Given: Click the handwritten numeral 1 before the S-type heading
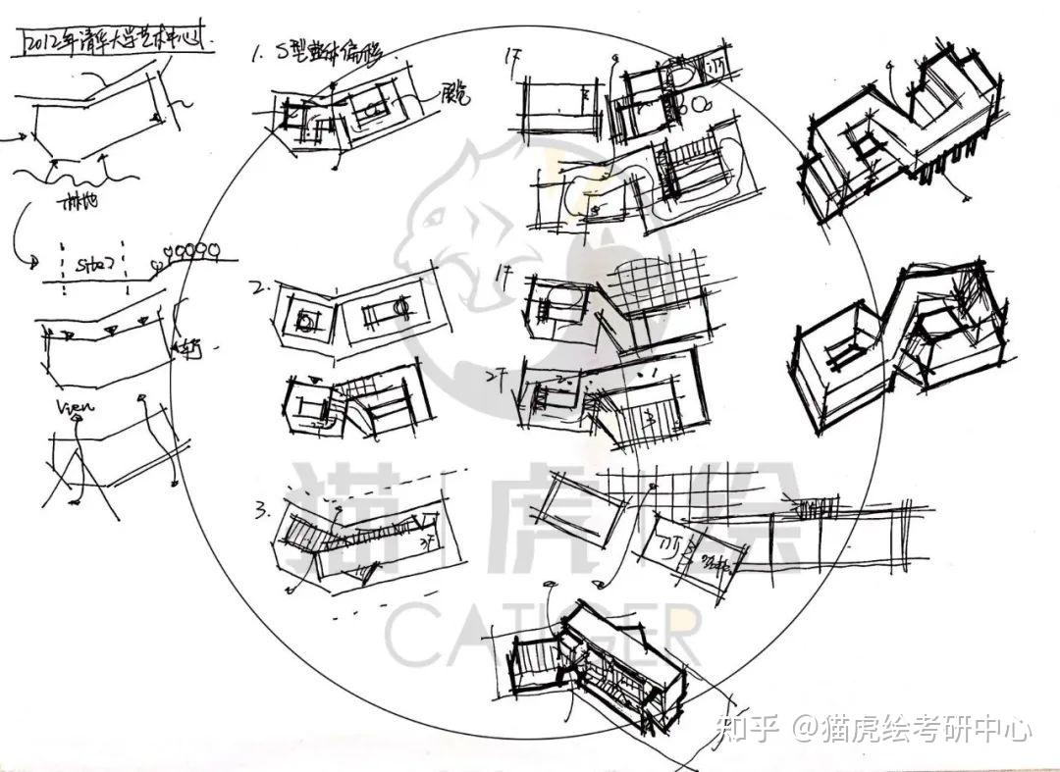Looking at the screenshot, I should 257,55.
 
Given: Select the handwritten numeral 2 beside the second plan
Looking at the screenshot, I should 258,288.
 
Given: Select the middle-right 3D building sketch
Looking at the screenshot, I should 898,338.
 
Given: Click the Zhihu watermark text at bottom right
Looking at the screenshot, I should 874,729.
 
